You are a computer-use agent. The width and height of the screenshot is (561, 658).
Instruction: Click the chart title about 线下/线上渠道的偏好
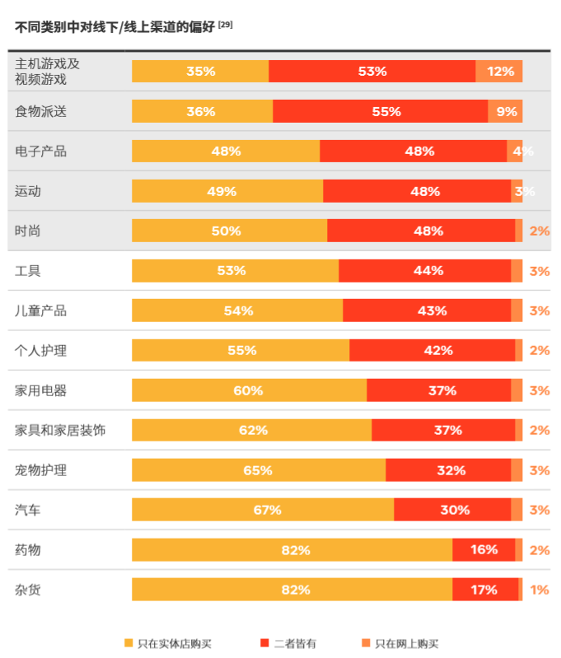(115, 26)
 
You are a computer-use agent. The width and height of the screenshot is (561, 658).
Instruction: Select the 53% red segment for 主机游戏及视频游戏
(372, 72)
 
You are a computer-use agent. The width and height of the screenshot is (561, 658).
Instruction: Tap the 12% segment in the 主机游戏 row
(499, 72)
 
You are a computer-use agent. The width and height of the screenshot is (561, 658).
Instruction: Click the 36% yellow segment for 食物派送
(202, 111)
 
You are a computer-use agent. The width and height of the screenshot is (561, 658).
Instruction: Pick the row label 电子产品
(40, 152)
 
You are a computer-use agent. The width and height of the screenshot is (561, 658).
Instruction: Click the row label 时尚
(27, 231)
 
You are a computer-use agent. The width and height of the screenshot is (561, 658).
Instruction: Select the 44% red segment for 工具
(425, 271)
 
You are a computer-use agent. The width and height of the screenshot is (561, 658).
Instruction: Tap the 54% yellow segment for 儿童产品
(237, 310)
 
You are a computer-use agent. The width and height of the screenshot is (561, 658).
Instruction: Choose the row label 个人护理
(40, 351)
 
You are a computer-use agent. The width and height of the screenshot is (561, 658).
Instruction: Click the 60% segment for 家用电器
(249, 390)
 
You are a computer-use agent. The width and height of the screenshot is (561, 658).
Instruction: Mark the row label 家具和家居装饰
(60, 430)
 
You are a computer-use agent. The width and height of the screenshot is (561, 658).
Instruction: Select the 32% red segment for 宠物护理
(448, 470)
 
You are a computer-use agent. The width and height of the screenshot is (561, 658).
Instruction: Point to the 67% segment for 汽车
(263, 510)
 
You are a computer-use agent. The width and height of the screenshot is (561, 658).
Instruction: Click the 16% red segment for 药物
(484, 549)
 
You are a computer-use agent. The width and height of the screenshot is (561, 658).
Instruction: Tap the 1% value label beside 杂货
(540, 590)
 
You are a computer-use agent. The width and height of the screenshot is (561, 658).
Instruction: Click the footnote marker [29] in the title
(225, 24)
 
